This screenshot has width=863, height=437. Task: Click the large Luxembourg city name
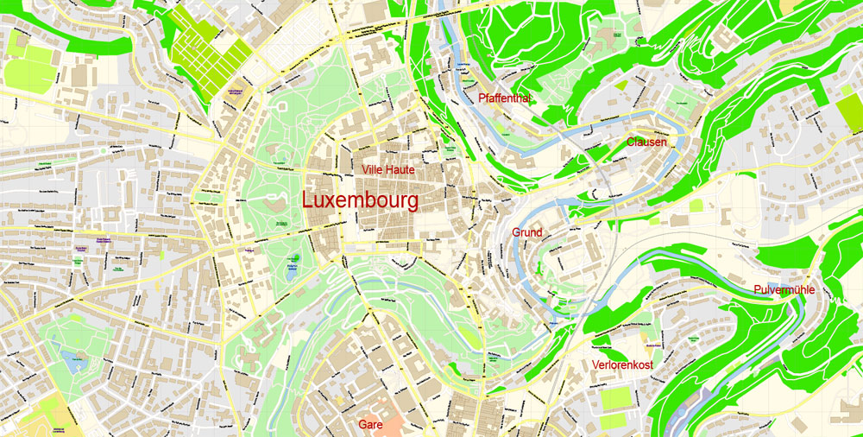pos(360,200)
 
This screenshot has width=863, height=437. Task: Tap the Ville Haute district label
pos(388,170)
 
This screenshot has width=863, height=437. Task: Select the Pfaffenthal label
pos(504,98)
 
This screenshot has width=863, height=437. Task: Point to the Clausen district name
pos(646,142)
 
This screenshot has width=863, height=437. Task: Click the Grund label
pos(527,232)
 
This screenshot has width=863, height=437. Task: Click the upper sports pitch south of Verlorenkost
pos(619,398)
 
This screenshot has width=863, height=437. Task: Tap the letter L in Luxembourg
pos(308,200)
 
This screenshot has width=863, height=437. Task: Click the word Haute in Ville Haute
pos(400,170)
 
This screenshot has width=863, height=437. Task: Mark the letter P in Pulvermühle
pos(757,289)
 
